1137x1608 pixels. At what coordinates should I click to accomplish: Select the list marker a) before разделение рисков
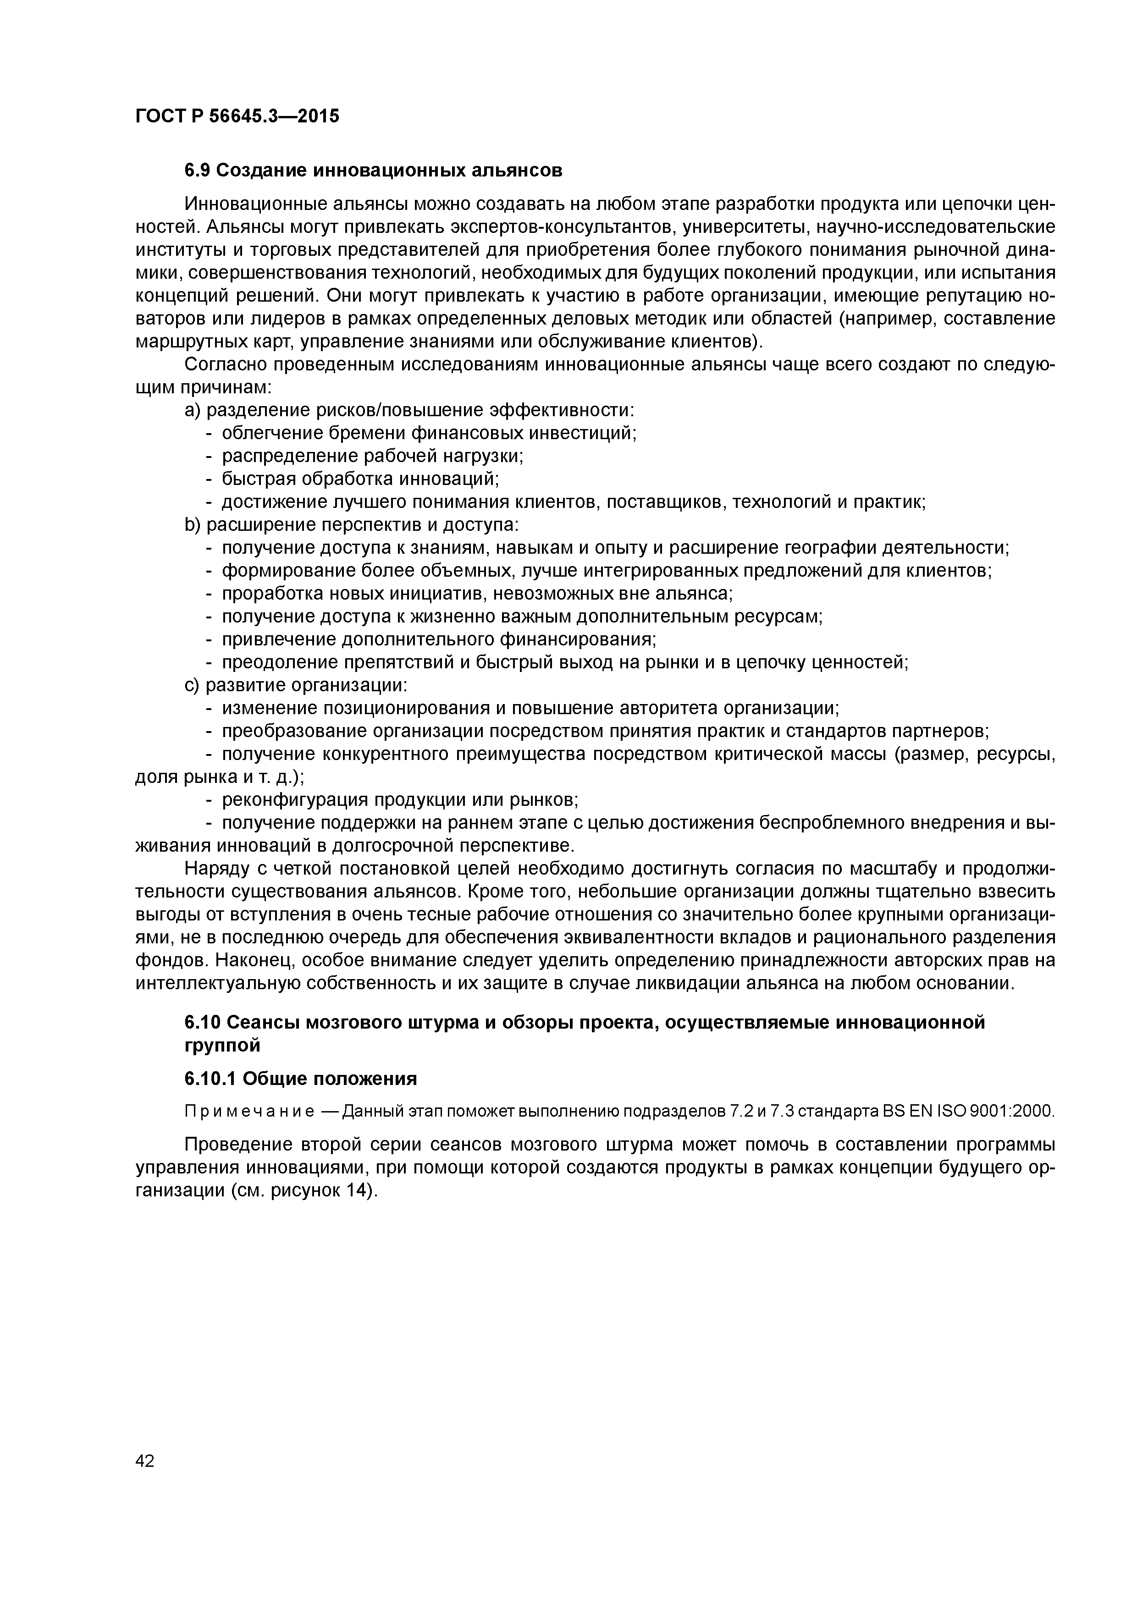click(x=193, y=410)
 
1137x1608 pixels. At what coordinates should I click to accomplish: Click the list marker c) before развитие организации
click(x=193, y=685)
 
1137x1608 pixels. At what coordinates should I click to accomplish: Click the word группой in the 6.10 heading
click(x=222, y=1046)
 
